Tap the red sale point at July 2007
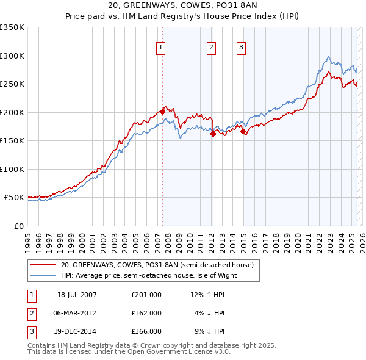coord(162,112)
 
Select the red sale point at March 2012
coord(213,134)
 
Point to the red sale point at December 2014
coord(243,131)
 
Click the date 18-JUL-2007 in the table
coord(77,295)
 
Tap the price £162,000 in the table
coord(146,313)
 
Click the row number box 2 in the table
coord(30,313)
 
